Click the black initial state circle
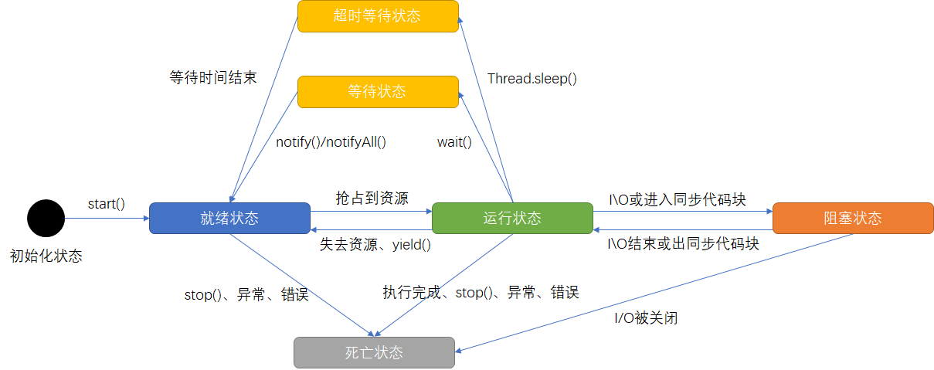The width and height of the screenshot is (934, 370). [x=46, y=218]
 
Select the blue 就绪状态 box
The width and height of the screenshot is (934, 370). [x=229, y=218]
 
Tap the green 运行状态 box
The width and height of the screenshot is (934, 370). [x=512, y=218]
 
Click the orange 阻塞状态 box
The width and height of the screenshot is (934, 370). [x=852, y=218]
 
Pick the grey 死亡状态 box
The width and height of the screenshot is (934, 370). [x=374, y=352]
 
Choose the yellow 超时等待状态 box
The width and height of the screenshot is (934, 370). [x=378, y=16]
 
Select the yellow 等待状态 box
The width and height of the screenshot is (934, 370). [x=378, y=91]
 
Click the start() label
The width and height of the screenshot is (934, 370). [x=107, y=204]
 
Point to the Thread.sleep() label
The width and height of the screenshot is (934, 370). [x=532, y=78]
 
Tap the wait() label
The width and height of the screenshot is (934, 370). [x=454, y=141]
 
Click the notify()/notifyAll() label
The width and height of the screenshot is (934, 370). [x=331, y=141]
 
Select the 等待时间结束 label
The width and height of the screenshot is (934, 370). [x=213, y=78]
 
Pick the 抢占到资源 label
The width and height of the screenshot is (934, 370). [x=372, y=197]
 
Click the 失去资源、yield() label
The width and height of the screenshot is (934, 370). [x=375, y=245]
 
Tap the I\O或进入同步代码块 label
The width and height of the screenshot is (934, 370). [x=678, y=199]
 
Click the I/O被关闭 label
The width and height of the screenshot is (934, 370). [x=646, y=317]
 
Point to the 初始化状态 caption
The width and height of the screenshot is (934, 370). [x=46, y=256]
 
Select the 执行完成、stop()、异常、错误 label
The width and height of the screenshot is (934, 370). [x=481, y=293]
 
